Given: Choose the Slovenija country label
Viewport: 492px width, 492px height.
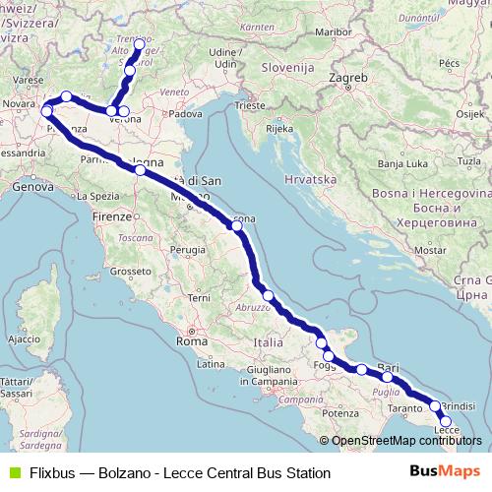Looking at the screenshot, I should (x=288, y=71).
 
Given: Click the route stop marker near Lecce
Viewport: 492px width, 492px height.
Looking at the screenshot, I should (x=446, y=421).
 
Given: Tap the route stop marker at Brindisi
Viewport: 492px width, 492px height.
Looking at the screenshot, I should (x=435, y=405).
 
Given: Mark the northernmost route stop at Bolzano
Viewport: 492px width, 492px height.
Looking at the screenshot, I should (x=138, y=45).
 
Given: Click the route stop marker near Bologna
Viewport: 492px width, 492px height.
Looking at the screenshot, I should (x=141, y=170).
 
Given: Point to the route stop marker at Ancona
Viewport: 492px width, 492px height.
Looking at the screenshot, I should (x=236, y=225).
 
